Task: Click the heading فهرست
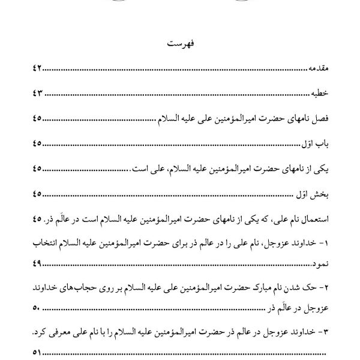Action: [x=179, y=45]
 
